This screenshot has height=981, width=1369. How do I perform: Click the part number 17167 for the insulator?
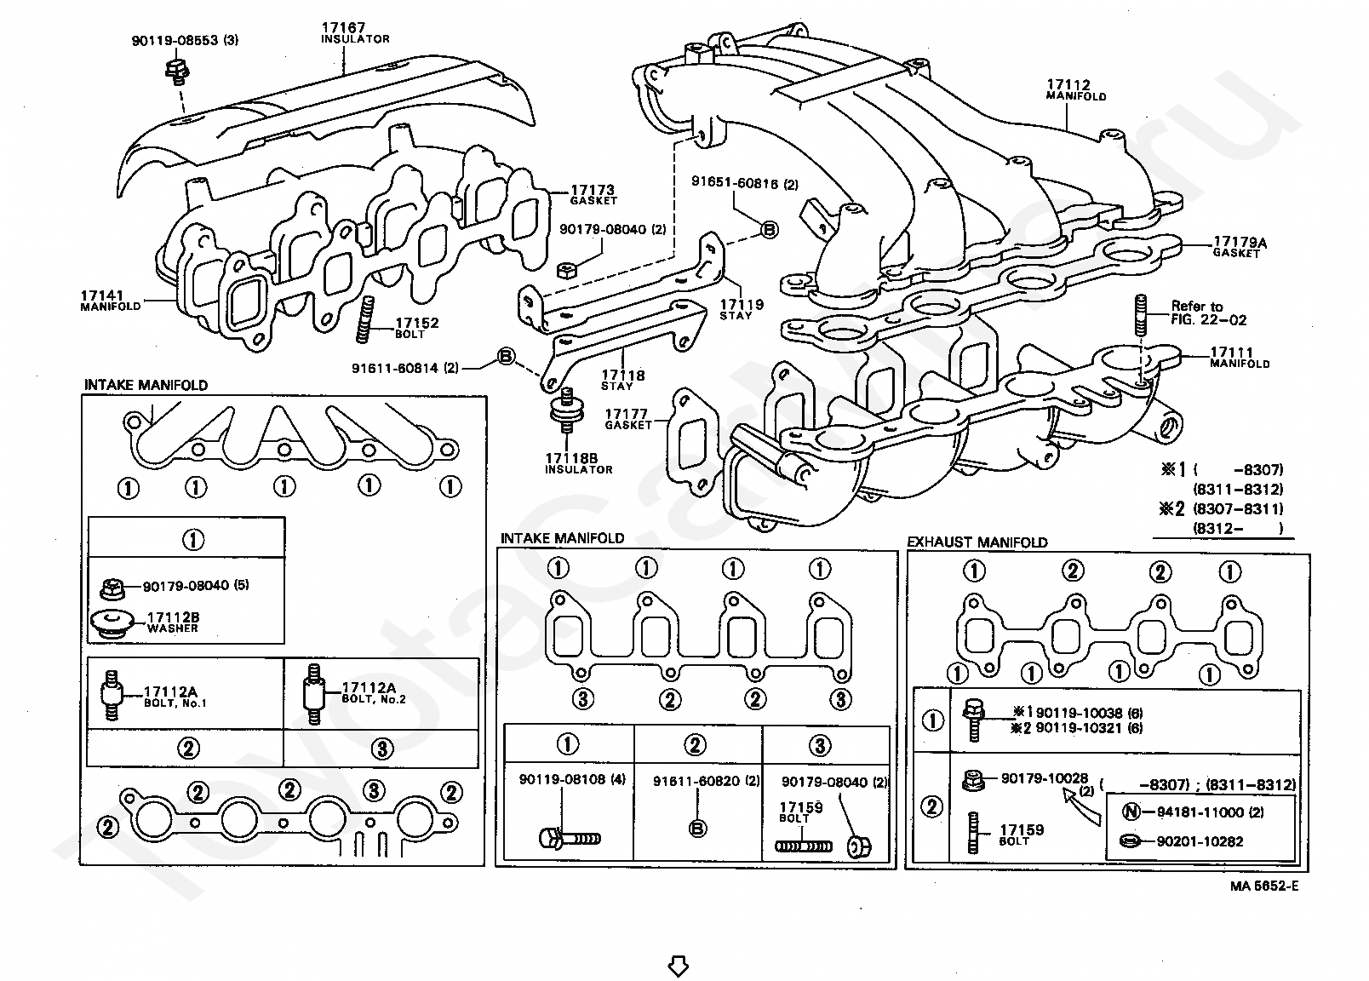343,27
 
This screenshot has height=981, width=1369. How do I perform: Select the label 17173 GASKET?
593,195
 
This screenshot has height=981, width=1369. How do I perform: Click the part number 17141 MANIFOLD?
111,301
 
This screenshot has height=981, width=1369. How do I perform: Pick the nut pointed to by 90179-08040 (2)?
566,270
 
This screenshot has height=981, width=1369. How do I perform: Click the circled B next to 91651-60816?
770,230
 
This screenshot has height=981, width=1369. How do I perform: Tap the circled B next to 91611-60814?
506,356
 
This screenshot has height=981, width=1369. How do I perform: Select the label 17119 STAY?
741,309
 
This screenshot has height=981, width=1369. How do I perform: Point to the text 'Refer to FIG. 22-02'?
1208,313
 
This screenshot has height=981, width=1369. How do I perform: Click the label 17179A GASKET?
1240,247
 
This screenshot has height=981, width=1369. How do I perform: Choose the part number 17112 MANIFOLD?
1075,90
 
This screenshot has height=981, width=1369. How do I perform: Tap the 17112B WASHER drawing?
112,622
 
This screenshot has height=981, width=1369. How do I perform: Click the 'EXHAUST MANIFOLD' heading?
977,542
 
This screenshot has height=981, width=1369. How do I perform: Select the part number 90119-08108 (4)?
572,779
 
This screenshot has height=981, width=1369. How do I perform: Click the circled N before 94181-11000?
1131,812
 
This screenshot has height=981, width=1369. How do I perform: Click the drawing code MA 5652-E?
1264,886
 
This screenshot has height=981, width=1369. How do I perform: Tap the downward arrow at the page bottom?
678,966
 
